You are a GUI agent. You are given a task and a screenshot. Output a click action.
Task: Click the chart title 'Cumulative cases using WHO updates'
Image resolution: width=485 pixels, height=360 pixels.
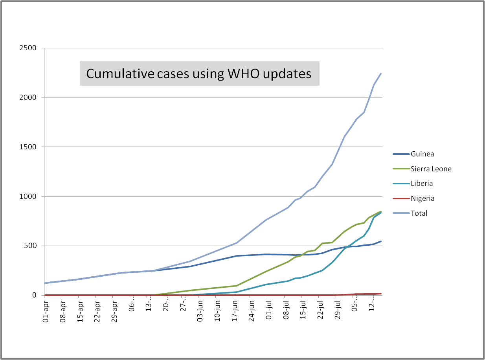199,73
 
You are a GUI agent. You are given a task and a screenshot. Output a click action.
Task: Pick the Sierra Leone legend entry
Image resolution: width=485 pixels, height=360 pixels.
431,169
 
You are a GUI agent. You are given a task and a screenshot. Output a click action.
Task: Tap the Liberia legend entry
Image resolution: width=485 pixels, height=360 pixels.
422,184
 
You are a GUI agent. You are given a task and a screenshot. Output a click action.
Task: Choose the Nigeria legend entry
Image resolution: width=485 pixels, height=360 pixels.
423,198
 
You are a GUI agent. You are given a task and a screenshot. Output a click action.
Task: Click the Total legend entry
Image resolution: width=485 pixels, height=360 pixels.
419,213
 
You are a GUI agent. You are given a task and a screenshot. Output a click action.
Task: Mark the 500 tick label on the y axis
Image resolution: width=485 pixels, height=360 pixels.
29,246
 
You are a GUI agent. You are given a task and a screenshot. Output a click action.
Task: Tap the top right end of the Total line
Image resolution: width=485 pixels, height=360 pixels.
381,73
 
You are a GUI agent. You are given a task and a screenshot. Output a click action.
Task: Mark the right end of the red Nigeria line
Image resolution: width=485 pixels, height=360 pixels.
381,294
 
